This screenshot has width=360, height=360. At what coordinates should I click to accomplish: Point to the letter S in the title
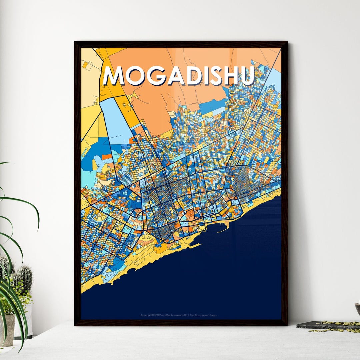(x=216, y=76)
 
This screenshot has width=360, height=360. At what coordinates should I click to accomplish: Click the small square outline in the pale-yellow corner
(x=89, y=66)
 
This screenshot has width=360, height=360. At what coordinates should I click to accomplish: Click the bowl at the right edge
(x=357, y=309)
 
